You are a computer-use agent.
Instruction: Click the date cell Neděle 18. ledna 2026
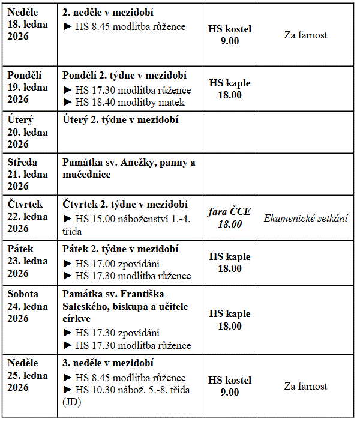point(28,24)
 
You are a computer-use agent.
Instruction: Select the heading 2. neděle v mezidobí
point(108,13)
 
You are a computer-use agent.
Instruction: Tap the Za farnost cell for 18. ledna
point(305,35)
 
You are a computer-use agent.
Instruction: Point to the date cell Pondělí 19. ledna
point(28,87)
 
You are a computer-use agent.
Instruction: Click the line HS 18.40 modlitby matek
point(124,102)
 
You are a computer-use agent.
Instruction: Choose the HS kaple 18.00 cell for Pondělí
point(230,89)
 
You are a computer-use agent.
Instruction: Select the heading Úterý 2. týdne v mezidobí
point(121,119)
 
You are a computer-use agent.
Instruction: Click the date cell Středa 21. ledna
point(28,175)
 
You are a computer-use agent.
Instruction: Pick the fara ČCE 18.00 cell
point(230,217)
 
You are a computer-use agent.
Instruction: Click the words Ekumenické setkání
point(305,218)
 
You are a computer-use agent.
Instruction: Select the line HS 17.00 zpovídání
point(118,263)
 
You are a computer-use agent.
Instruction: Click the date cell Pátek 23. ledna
point(28,261)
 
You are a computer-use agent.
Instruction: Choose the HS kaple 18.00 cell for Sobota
point(230,320)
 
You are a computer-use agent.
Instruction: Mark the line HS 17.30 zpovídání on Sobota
point(118,333)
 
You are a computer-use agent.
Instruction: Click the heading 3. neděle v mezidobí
point(108,363)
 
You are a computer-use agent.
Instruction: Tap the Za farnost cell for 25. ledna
point(305,386)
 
